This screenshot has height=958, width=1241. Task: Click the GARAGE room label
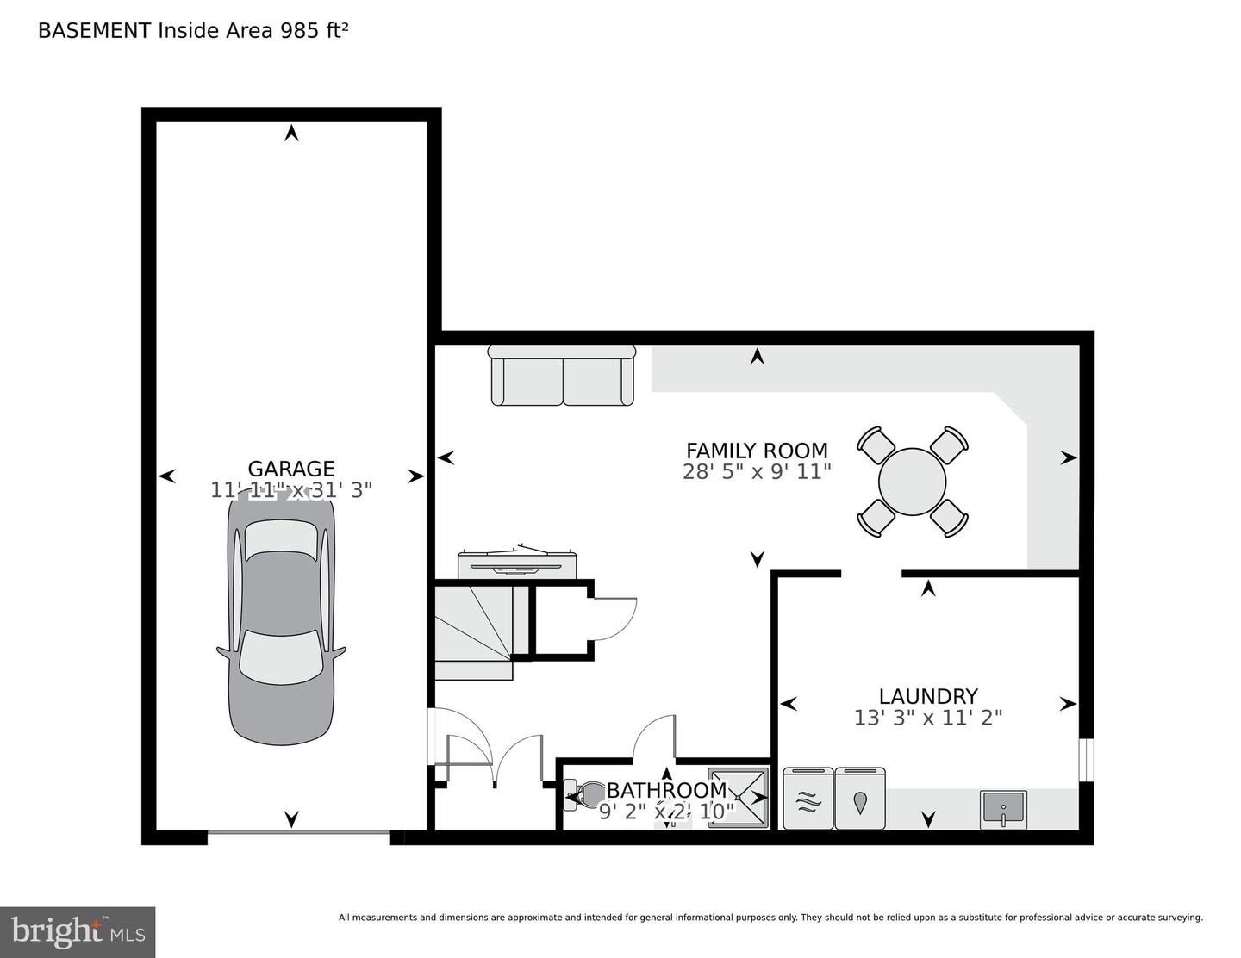point(291,469)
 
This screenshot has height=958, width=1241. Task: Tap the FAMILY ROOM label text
point(757,451)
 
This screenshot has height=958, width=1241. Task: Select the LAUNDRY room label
point(928,696)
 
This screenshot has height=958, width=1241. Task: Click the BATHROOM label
point(666,791)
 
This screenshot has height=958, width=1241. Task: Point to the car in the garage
point(281,619)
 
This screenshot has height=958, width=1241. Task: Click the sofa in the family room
point(562,375)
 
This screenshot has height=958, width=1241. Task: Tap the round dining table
point(912,482)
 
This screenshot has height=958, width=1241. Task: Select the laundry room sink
point(1003,810)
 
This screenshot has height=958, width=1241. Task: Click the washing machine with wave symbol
point(808,798)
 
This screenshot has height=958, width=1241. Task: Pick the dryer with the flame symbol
point(860,798)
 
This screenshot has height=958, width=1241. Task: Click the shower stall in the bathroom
point(739,798)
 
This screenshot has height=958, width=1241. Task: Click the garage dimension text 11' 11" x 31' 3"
point(291,490)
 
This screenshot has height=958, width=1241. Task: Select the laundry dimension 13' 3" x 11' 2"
point(928,718)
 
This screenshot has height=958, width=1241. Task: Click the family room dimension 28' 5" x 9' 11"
point(757,472)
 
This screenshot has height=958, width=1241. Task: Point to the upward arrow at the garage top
point(292,133)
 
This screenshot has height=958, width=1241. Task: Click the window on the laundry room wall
point(1086,760)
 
